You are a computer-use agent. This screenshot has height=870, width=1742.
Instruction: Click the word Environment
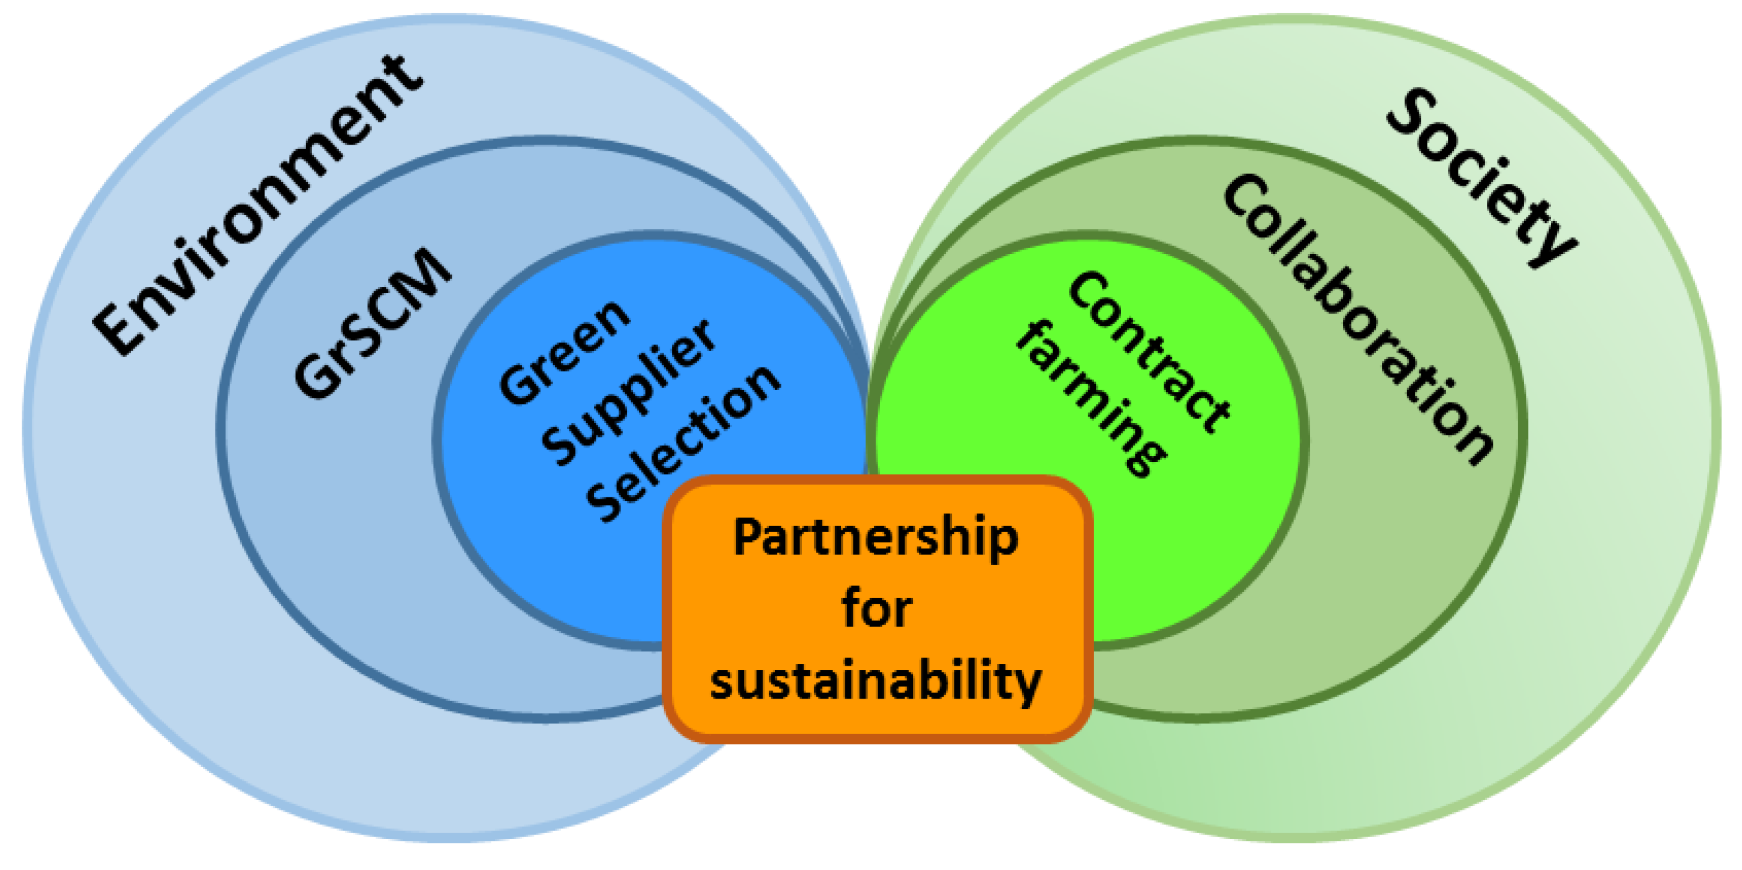pyautogui.click(x=257, y=203)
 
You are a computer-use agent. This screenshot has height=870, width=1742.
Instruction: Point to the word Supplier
pyautogui.click(x=629, y=392)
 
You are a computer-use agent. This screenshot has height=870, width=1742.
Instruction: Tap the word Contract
pyautogui.click(x=1149, y=352)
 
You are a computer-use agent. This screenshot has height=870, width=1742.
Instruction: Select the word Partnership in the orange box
pyautogui.click(x=876, y=538)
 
